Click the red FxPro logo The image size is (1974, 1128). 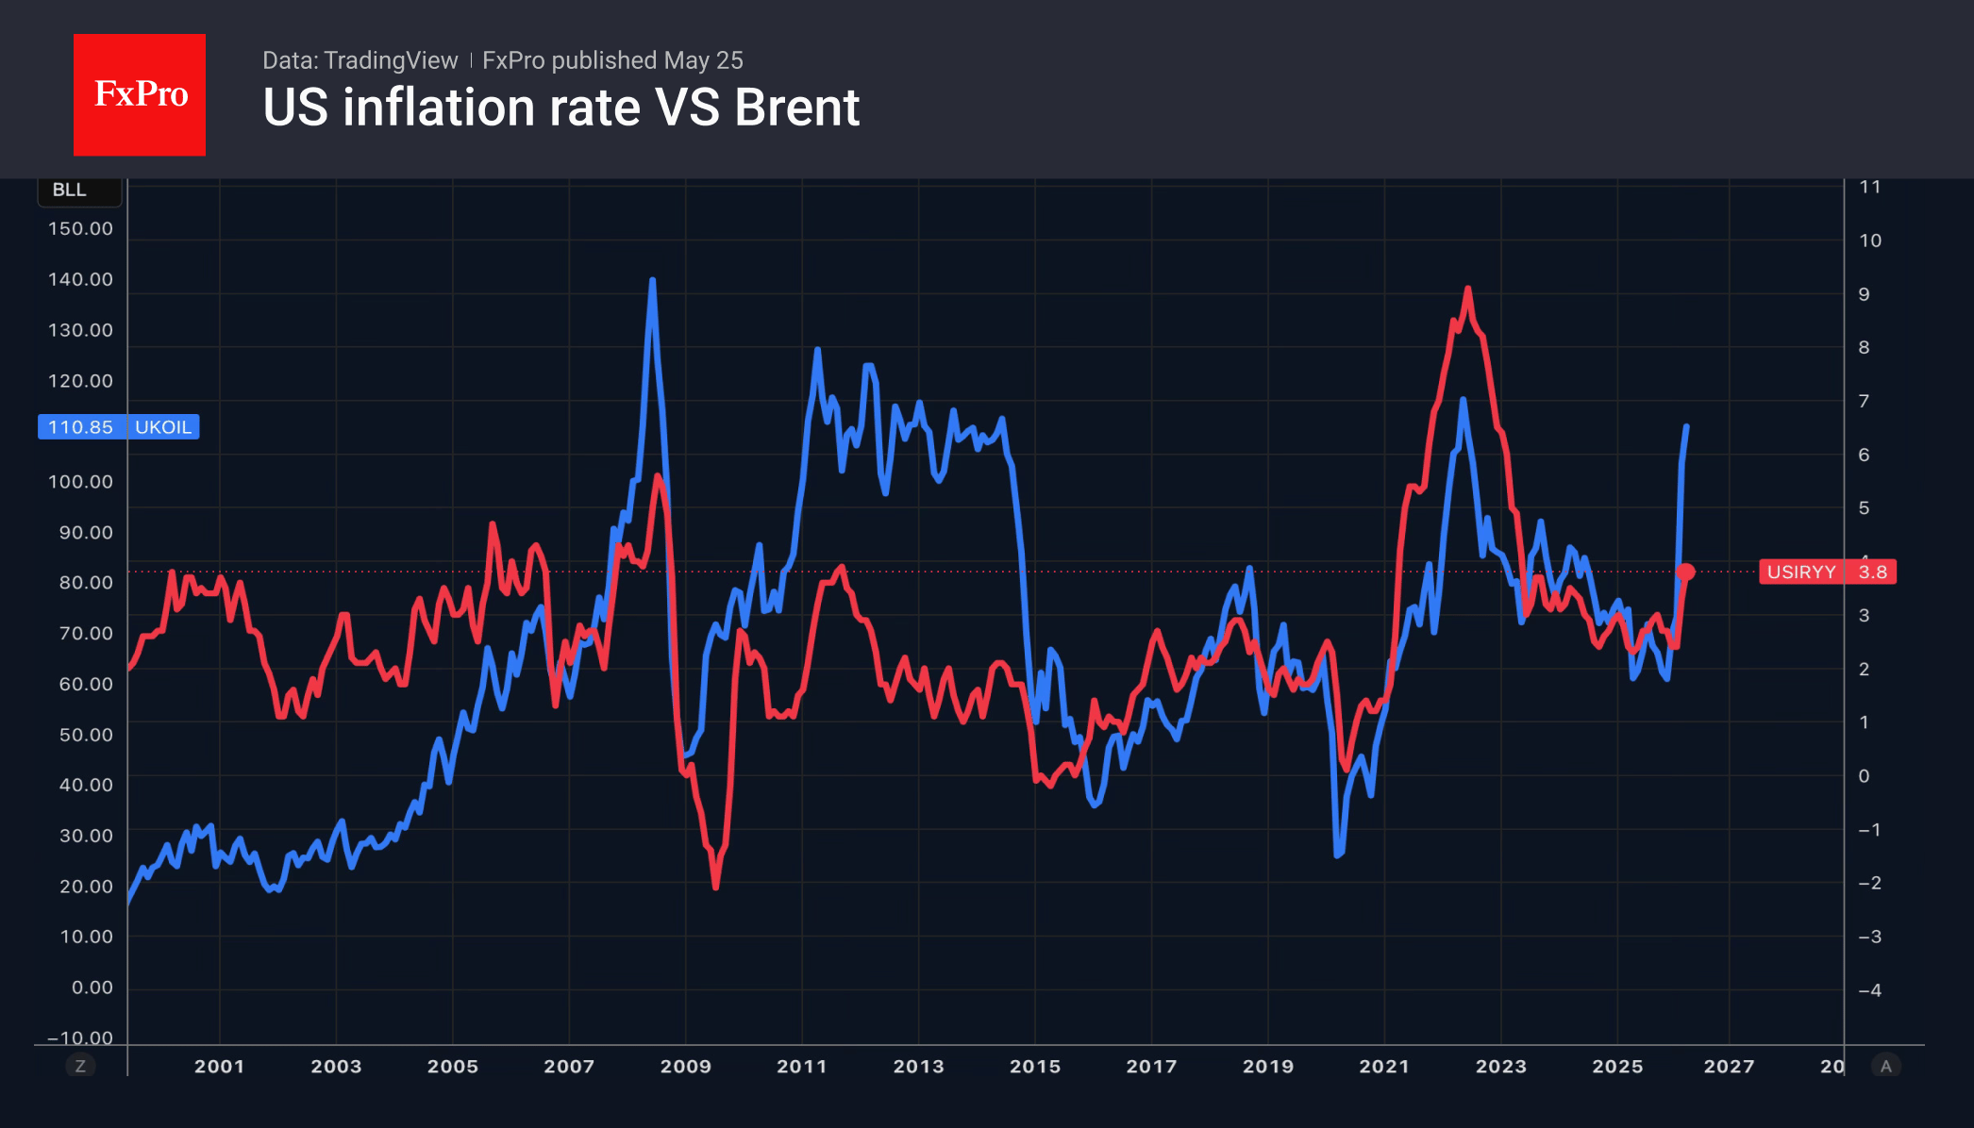point(140,94)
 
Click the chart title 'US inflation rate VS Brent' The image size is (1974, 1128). point(561,108)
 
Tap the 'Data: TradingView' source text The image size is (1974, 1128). point(360,60)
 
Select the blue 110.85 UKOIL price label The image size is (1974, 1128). point(118,427)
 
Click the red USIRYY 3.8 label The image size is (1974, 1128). point(1828,572)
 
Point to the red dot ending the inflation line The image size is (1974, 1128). point(1686,572)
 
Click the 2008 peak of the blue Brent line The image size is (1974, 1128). point(652,280)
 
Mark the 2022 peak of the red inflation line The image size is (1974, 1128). point(1467,289)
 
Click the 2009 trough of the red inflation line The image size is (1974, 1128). point(716,887)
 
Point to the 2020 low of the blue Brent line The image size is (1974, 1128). point(1338,854)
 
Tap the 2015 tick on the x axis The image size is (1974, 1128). point(1035,1067)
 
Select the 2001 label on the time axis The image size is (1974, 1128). point(220,1067)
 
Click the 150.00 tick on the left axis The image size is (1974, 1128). point(80,228)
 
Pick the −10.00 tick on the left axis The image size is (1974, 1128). point(80,1037)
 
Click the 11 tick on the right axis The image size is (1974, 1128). point(1870,187)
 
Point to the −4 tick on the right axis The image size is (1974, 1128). point(1869,990)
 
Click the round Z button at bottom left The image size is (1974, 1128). point(80,1066)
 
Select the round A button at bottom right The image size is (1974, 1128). point(1886,1066)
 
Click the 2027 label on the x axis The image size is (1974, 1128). point(1729,1067)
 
